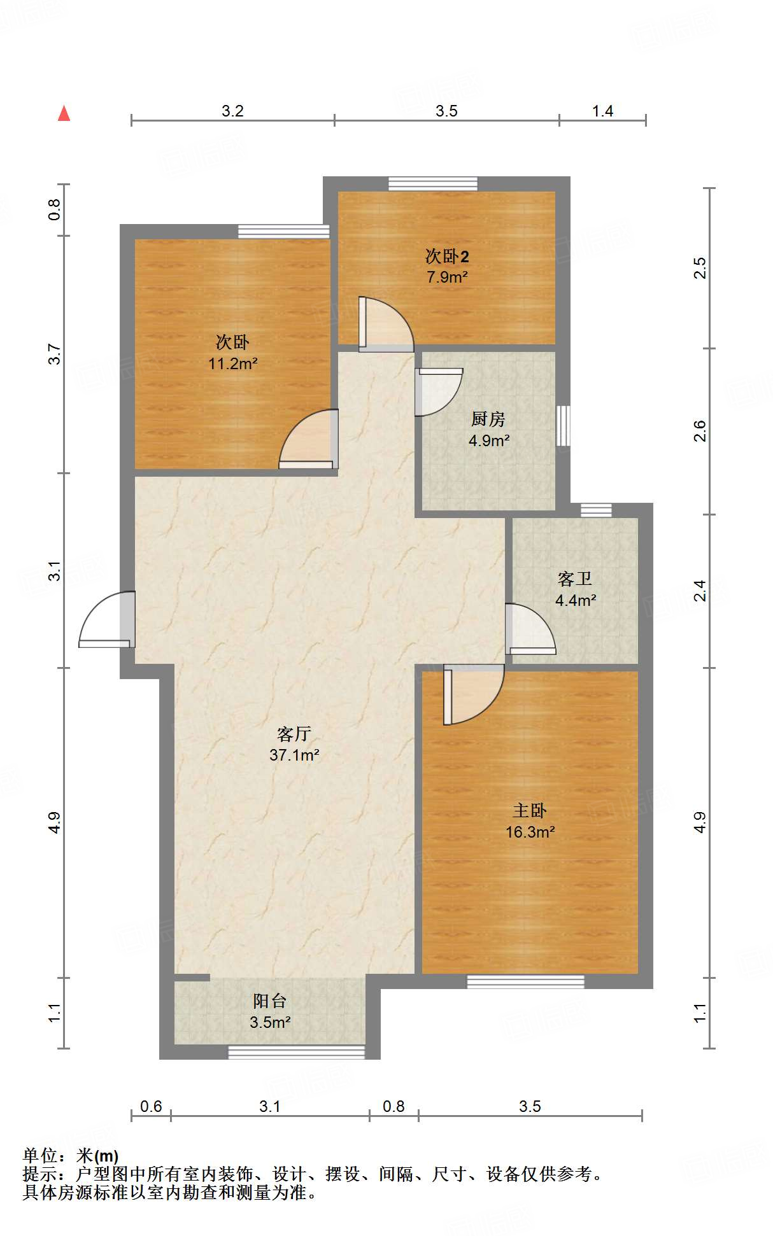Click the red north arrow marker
(64, 113)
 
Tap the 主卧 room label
(530, 810)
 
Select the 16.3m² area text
(530, 832)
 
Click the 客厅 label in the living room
(294, 734)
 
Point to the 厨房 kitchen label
(488, 419)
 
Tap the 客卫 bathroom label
(574, 579)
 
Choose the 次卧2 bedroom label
(447, 256)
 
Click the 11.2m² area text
(232, 364)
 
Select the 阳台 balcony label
(269, 1001)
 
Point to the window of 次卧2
(433, 183)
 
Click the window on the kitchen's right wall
(563, 425)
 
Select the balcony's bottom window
(296, 1053)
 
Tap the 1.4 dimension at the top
(602, 111)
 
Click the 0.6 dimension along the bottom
(151, 1106)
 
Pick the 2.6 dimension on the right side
(700, 431)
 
